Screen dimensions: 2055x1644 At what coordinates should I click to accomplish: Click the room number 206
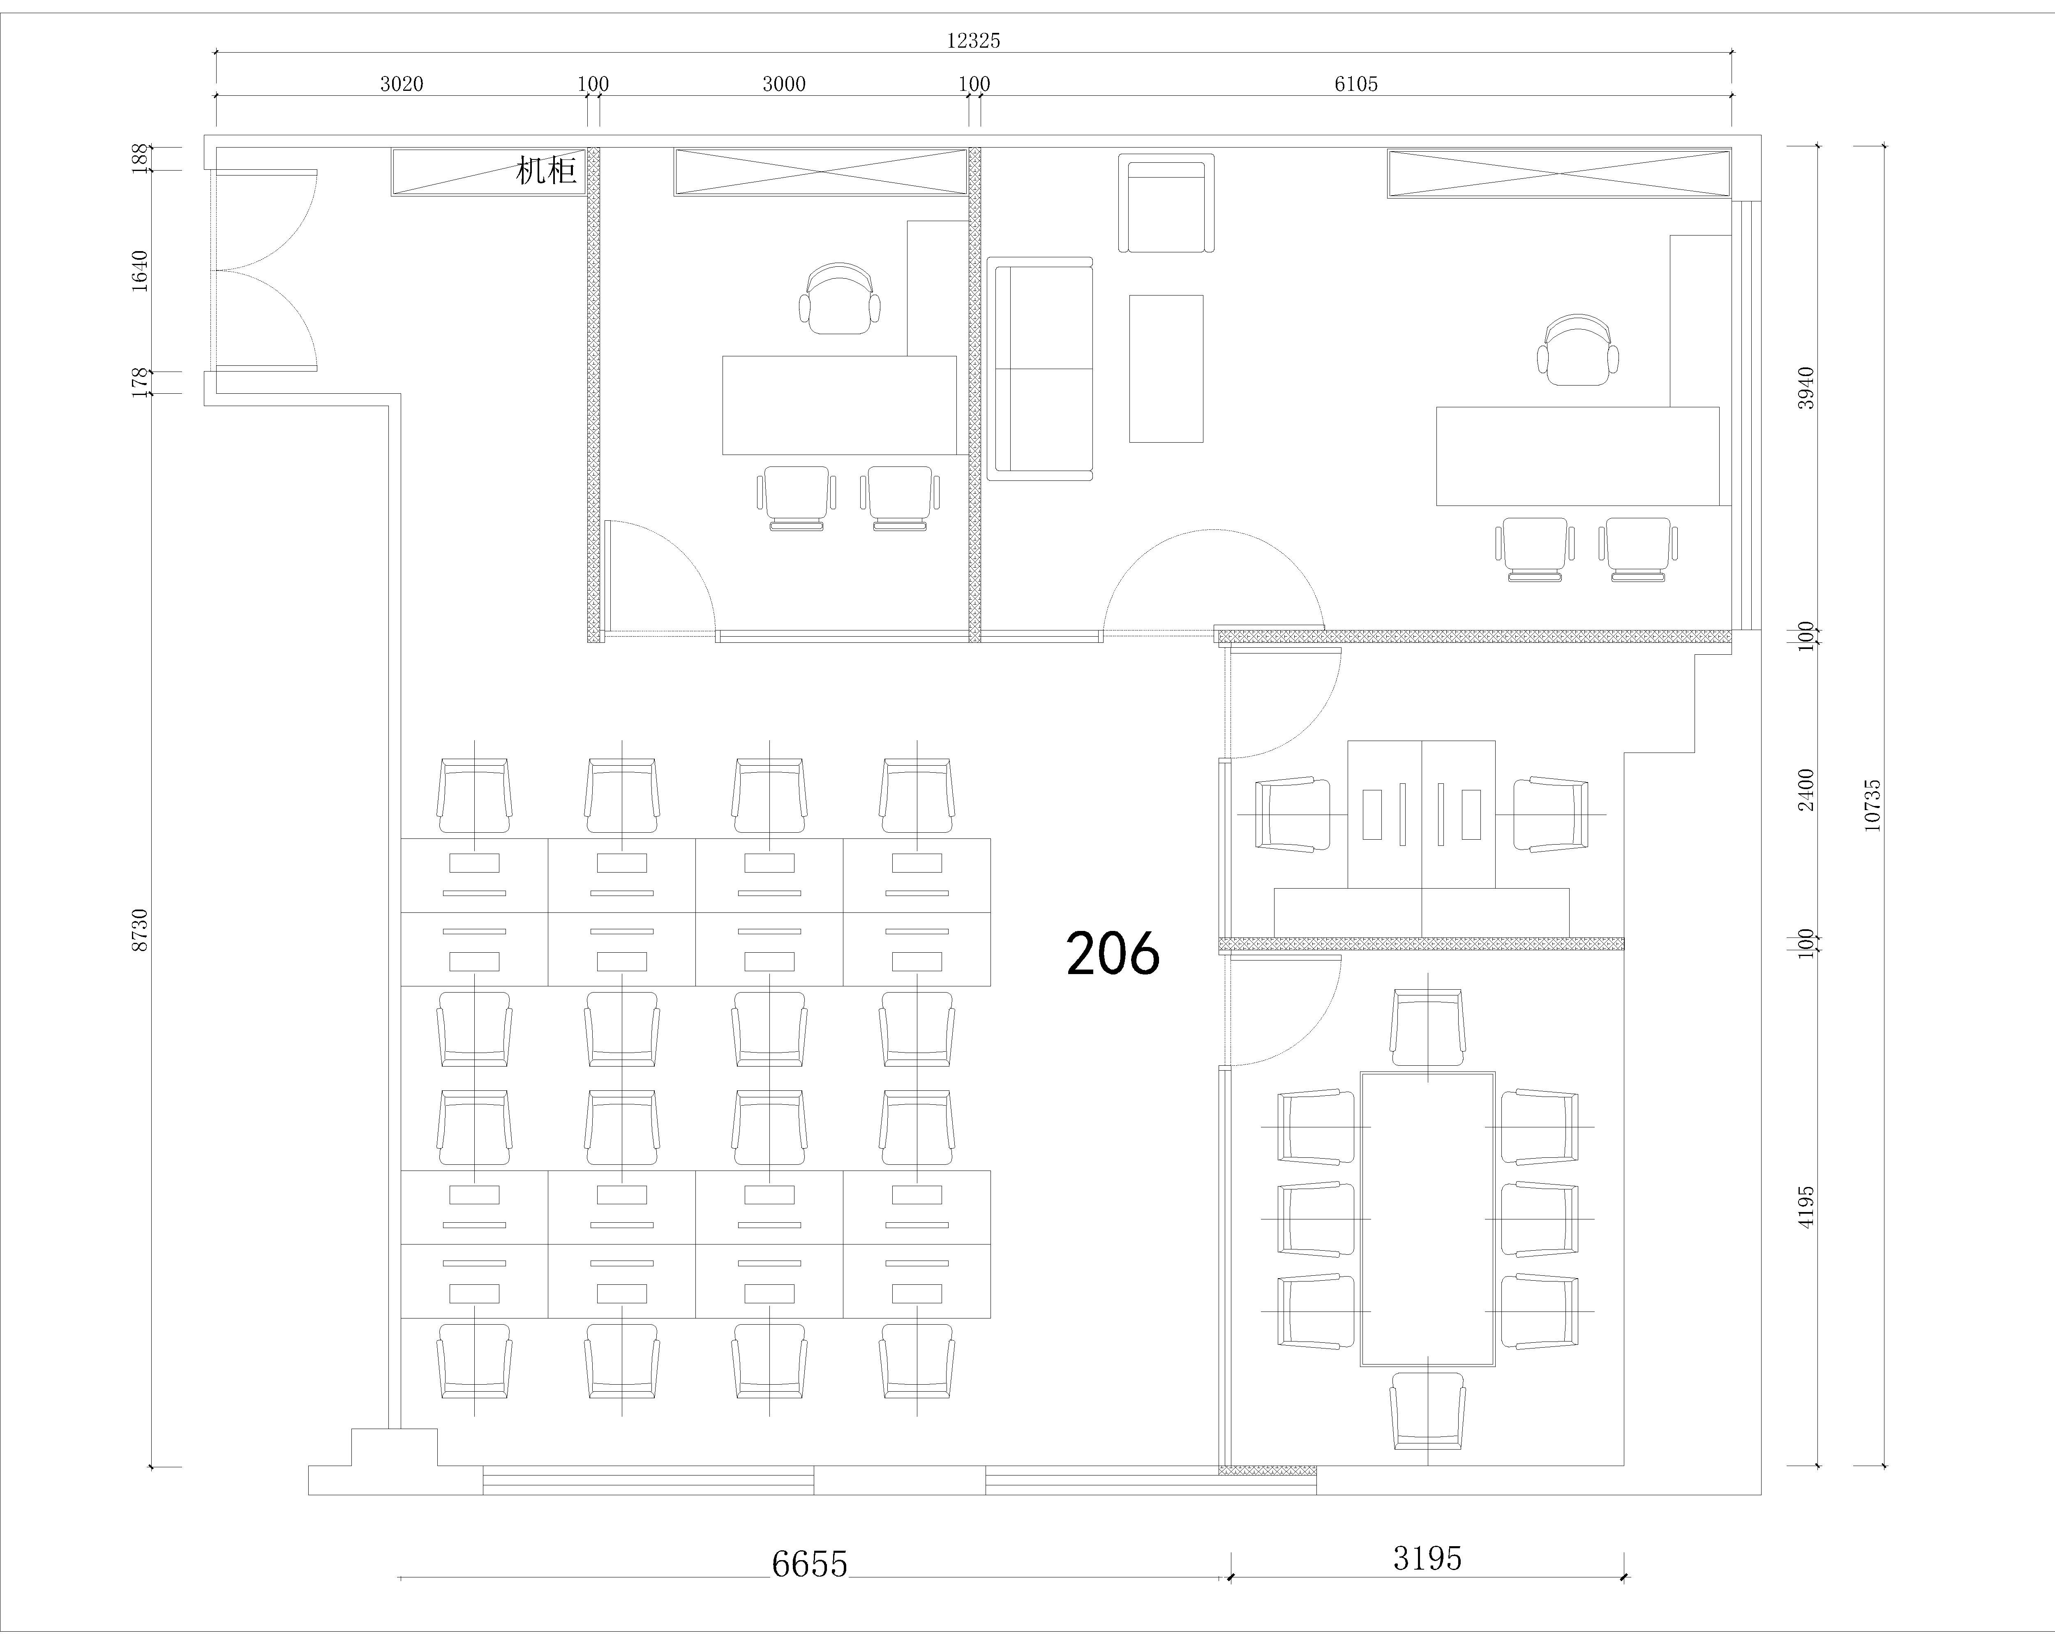(1112, 953)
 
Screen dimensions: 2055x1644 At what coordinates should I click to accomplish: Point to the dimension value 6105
(1355, 84)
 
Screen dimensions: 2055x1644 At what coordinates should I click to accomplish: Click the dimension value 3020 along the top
(401, 84)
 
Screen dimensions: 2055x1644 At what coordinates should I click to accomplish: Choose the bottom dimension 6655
(809, 1565)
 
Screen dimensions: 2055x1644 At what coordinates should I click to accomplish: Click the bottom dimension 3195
(1427, 1558)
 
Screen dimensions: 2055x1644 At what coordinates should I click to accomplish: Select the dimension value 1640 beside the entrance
(140, 271)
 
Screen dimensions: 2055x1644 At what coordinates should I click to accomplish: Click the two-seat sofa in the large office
(1040, 369)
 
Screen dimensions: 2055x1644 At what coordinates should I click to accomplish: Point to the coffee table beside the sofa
(1166, 369)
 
